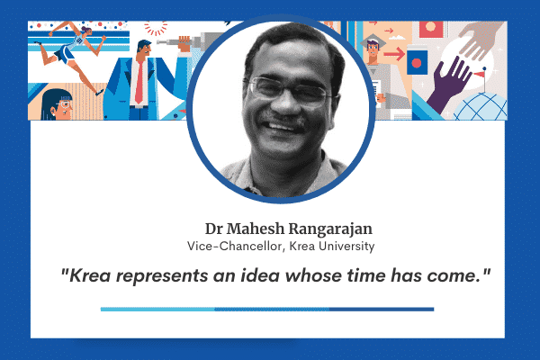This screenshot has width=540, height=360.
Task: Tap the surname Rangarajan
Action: click(330, 229)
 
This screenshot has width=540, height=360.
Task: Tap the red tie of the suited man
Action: click(139, 82)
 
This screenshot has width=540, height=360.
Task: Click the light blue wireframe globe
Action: click(481, 107)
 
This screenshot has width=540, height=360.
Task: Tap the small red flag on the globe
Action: click(479, 74)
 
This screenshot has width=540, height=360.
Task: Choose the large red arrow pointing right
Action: click(394, 54)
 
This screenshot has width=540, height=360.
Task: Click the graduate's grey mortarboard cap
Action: click(371, 41)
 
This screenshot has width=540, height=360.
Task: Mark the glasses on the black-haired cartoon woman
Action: click(65, 104)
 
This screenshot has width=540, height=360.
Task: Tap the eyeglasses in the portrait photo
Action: click(289, 90)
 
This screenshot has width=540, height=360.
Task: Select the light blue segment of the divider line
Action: click(157, 310)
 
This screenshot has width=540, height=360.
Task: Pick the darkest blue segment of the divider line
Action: click(382, 310)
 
